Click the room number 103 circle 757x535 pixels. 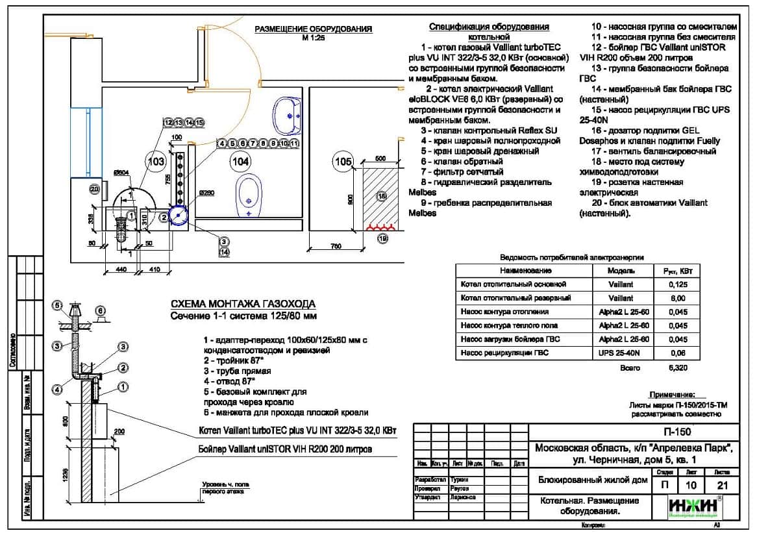[x=155, y=162]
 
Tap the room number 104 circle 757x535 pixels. [x=240, y=160]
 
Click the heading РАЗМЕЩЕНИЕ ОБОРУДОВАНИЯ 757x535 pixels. [x=313, y=29]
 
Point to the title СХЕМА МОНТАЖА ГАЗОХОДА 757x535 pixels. [x=243, y=304]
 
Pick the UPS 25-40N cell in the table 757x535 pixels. [x=621, y=353]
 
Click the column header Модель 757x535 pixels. [x=621, y=270]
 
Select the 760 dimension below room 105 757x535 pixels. [x=335, y=246]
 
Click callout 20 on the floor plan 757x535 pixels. [x=95, y=189]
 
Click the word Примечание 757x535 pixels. [x=672, y=395]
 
